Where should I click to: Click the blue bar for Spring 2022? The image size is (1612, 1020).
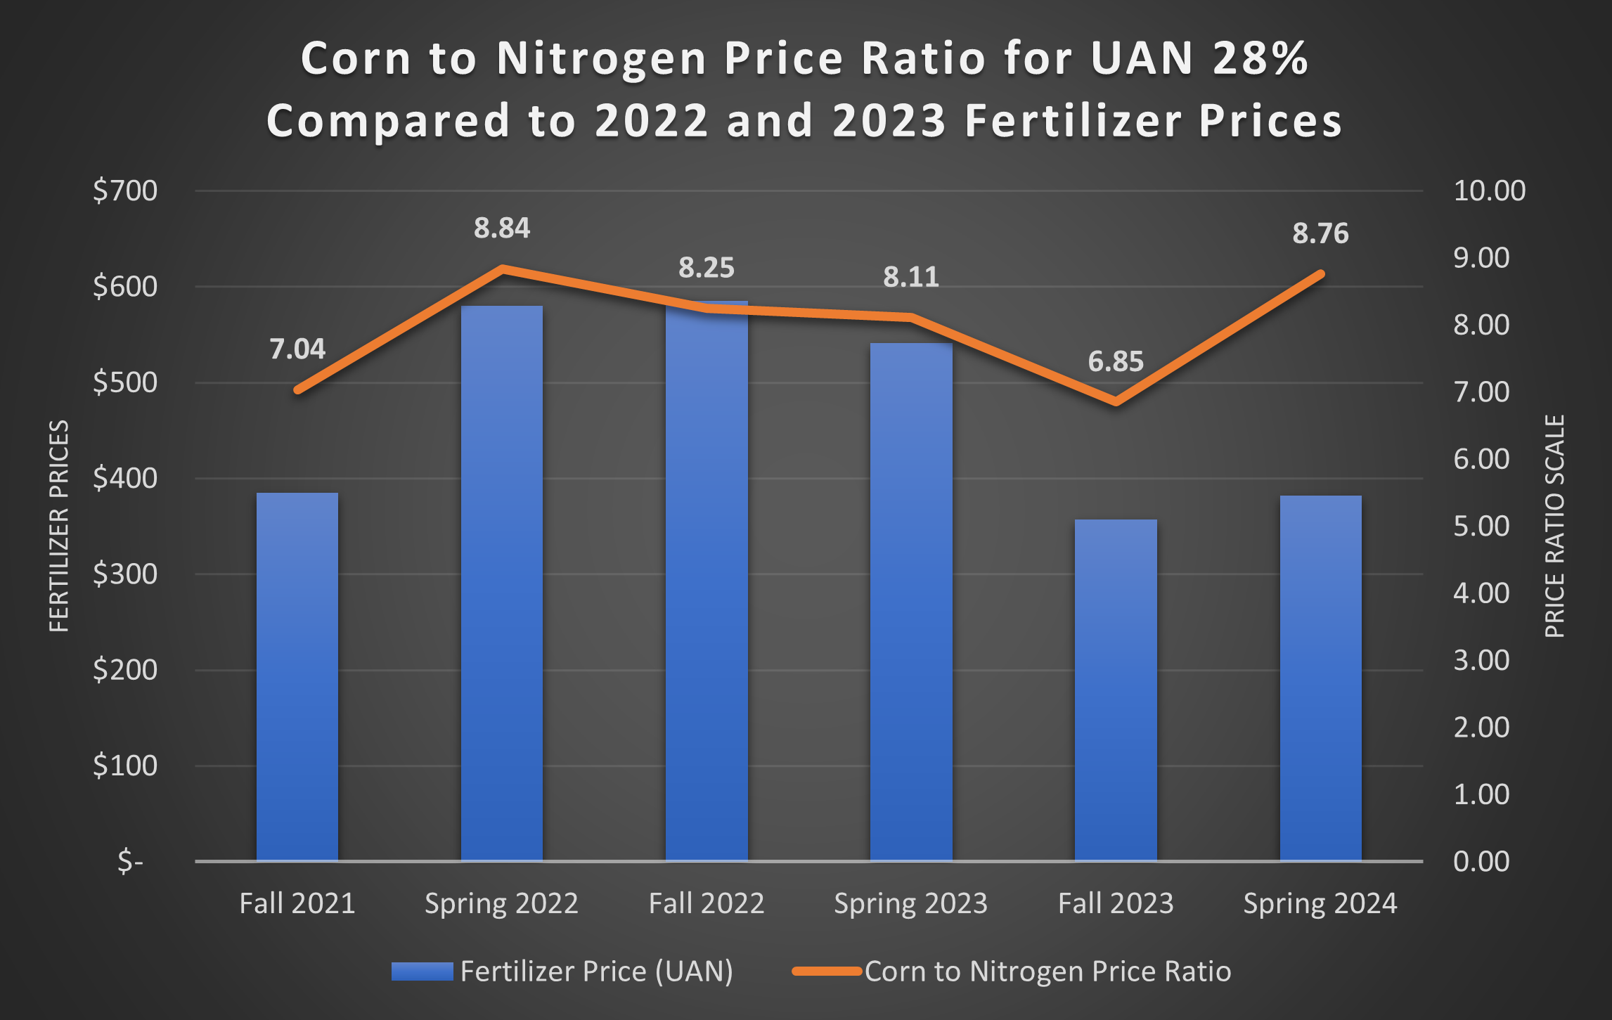pos(501,583)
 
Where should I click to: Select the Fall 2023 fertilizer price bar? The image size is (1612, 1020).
pos(1116,689)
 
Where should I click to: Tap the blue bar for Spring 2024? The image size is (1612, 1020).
pos(1320,678)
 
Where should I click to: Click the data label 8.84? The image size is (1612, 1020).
pos(501,228)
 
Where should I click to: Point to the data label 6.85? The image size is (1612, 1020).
pos(1116,362)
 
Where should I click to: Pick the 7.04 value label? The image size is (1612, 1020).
pos(297,349)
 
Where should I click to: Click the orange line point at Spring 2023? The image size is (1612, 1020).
pos(911,318)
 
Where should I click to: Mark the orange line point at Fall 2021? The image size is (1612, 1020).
pos(298,389)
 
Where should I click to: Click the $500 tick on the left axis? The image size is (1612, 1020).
pos(125,382)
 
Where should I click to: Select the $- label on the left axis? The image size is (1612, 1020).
pos(131,861)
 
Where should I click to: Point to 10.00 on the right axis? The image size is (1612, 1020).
pos(1489,191)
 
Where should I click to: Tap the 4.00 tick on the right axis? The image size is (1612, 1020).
pos(1481,593)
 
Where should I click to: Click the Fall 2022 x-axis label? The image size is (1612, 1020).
pos(706,903)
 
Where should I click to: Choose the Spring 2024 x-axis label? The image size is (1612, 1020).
pos(1320,903)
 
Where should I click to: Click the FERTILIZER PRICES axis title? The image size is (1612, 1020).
pos(59,526)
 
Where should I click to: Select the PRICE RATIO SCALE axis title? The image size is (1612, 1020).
pos(1554,526)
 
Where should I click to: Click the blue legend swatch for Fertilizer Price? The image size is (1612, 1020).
pos(422,971)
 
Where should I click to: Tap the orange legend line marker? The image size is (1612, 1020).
pos(827,971)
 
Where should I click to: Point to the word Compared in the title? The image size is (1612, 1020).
pos(388,121)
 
